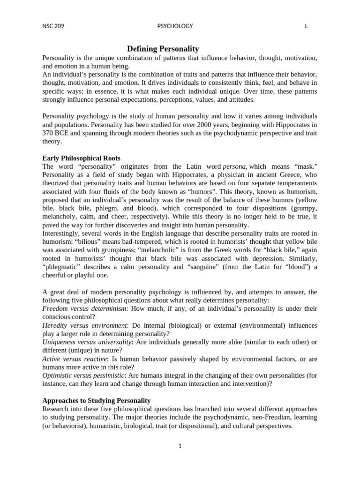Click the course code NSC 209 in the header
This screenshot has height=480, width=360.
(x=53, y=26)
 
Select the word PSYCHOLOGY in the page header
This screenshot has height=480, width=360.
(x=175, y=26)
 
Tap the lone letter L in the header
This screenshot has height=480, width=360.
(x=306, y=26)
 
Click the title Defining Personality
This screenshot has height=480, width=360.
(x=163, y=49)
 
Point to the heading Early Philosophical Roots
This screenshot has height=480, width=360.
(x=81, y=158)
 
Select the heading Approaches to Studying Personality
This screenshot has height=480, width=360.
(x=96, y=400)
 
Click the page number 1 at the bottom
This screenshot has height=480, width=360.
(x=180, y=446)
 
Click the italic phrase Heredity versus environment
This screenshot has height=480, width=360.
(x=84, y=325)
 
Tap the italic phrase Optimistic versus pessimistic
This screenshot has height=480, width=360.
(x=83, y=375)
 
